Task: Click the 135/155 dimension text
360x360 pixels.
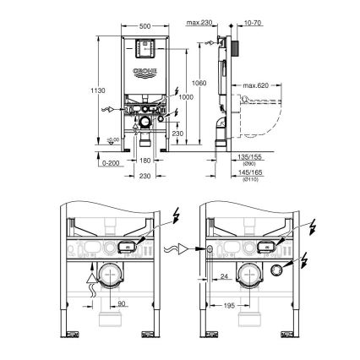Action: (x=251, y=155)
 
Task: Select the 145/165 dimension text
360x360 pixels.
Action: (x=251, y=172)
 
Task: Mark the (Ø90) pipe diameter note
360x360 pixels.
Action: (x=251, y=162)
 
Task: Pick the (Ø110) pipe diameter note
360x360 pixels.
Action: (x=251, y=178)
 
